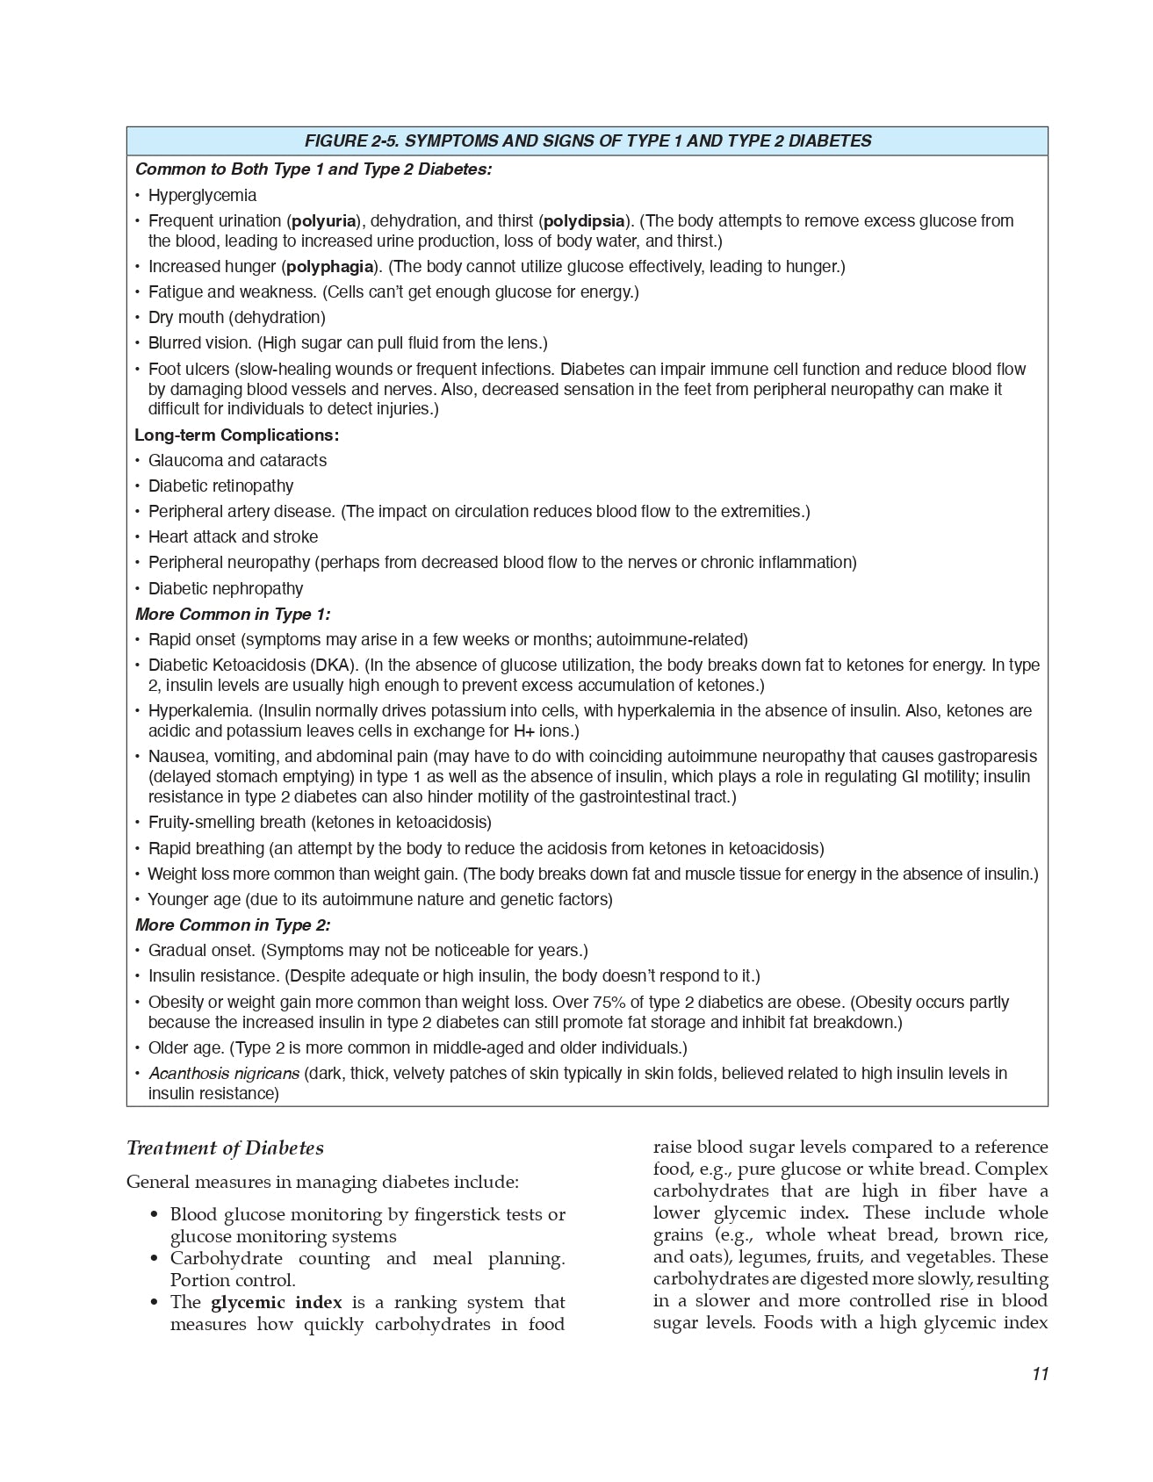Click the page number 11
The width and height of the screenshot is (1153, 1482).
tap(1040, 1374)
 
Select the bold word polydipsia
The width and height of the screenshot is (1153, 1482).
tap(584, 220)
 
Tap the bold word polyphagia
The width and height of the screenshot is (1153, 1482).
tap(330, 266)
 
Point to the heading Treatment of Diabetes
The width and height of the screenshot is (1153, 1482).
tap(225, 1148)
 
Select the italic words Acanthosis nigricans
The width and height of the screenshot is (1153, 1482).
tap(224, 1073)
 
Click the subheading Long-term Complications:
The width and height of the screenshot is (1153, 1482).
tap(236, 435)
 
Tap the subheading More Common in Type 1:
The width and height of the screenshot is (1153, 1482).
tap(233, 614)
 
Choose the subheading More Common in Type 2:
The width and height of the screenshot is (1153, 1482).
tap(233, 924)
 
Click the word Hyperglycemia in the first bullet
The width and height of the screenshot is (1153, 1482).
tap(202, 195)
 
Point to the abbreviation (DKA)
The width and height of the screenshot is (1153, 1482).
tap(333, 665)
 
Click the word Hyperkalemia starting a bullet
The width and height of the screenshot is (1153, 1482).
tap(199, 710)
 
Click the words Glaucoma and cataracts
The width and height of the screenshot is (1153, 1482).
tap(237, 460)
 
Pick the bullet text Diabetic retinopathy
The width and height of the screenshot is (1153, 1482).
tap(220, 486)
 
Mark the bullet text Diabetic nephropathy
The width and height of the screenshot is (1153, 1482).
tap(226, 588)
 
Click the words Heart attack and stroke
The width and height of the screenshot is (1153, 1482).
tap(233, 536)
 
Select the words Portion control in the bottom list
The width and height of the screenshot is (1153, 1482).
tap(232, 1280)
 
